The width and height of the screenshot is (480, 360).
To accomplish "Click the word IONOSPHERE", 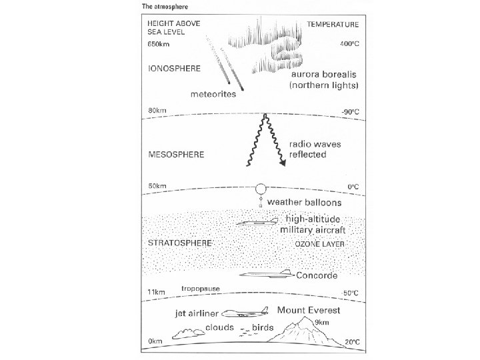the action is [173, 68].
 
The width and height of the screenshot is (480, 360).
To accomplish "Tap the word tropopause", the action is [201, 289].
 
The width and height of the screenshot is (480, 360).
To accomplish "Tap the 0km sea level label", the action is [155, 341].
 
